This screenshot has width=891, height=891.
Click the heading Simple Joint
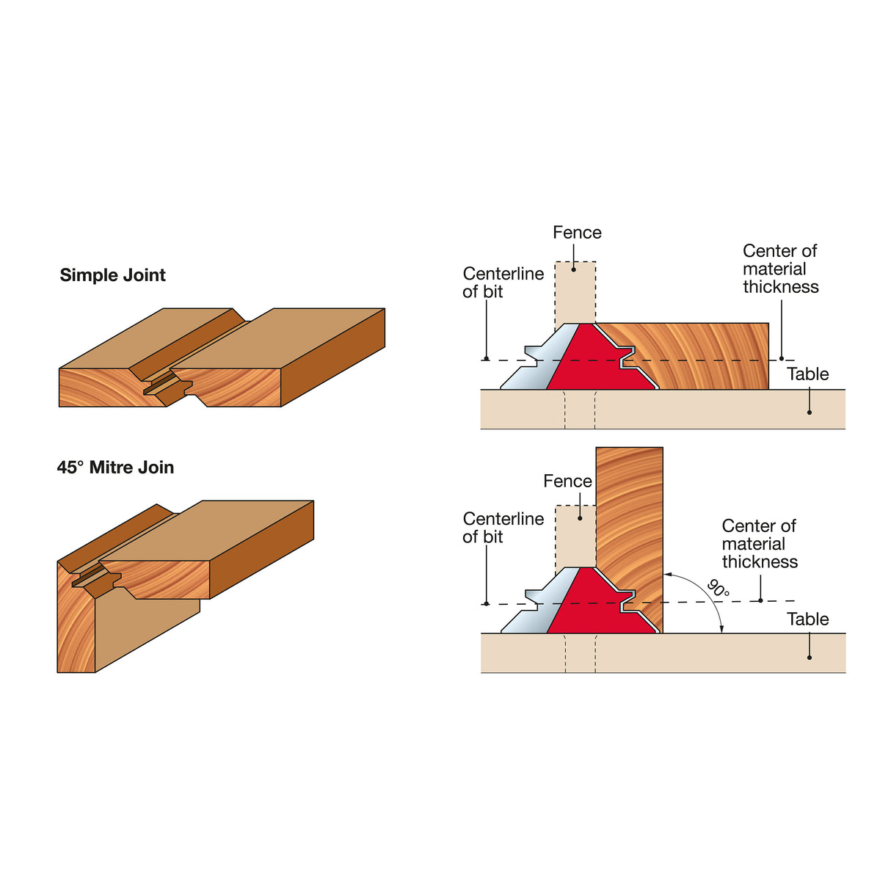coord(112,275)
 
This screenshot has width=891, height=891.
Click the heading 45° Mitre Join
coord(115,468)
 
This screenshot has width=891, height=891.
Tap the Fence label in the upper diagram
coord(577,233)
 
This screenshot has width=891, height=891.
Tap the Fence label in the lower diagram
coord(567,481)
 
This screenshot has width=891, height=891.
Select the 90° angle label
coord(718,589)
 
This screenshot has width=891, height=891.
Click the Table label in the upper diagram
coord(807,374)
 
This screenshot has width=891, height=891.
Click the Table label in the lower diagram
coord(807,619)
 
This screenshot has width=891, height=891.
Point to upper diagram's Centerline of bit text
coord(503,283)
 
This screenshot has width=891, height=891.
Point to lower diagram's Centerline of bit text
coord(503,528)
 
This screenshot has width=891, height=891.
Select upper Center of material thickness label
coord(780,269)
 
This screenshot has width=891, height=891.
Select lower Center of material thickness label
coord(759,544)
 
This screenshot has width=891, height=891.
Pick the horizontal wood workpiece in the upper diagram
coord(705,356)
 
